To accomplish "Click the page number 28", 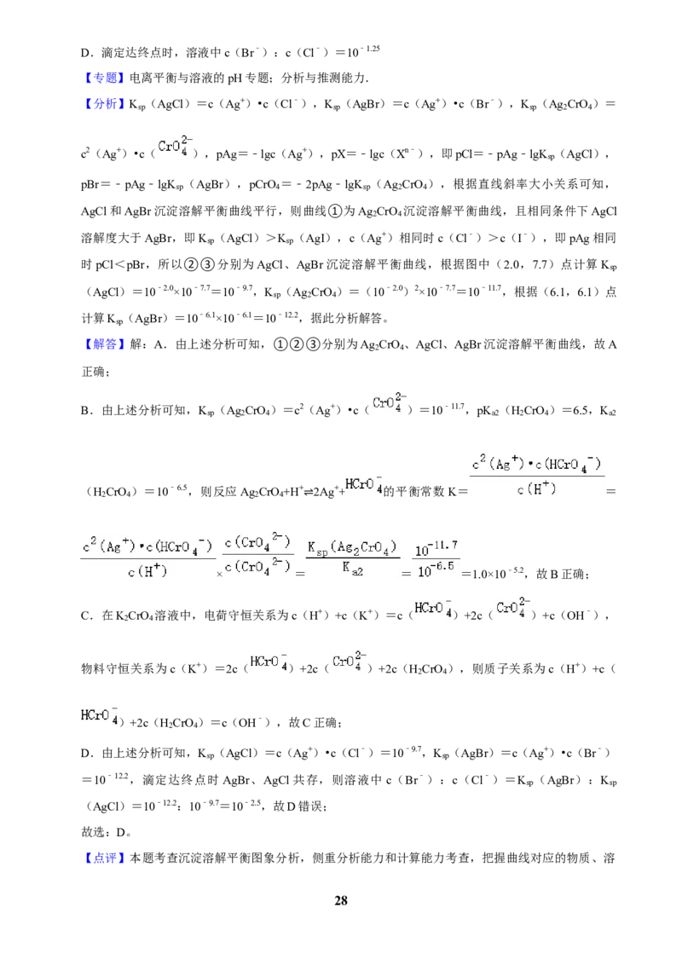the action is (x=340, y=900).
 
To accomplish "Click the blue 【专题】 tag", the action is (x=103, y=78).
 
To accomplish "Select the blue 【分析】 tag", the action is (x=103, y=103).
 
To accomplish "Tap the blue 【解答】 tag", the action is (x=103, y=344).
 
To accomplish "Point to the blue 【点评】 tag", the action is (x=103, y=858).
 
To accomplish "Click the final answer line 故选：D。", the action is (x=106, y=832).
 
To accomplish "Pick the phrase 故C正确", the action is (x=314, y=723).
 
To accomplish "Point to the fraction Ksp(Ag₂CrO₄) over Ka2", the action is (x=351, y=558).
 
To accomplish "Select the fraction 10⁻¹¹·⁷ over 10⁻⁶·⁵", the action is (x=436, y=559).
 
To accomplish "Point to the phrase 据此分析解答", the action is (x=345, y=318).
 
